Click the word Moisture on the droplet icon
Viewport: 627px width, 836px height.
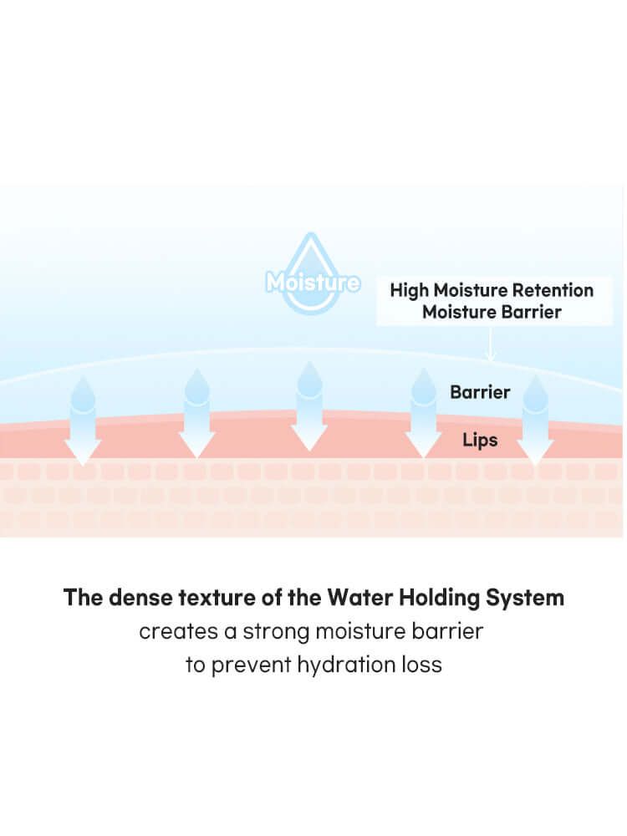(313, 283)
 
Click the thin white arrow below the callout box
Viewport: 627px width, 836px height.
(491, 344)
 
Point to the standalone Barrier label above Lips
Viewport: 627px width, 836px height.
(480, 392)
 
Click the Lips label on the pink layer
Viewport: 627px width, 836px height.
(480, 440)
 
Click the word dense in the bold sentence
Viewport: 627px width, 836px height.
(135, 599)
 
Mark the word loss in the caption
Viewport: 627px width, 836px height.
(421, 666)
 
